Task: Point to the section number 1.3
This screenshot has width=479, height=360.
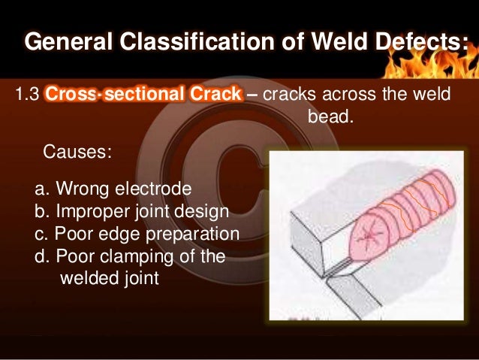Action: [x=27, y=95]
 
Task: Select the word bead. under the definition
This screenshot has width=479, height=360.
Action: [x=330, y=118]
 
